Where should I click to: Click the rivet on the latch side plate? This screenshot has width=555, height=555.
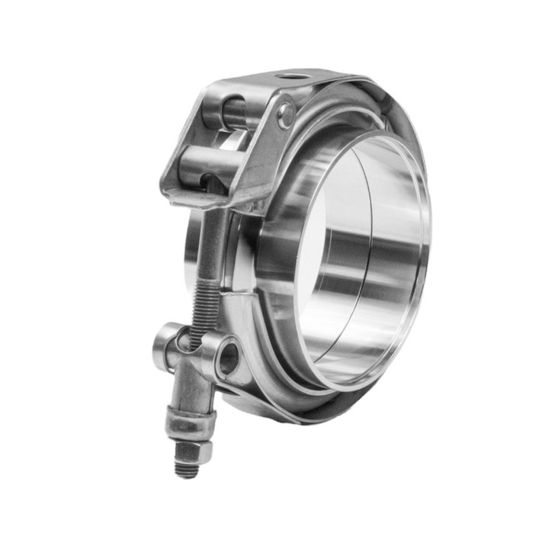[286, 114]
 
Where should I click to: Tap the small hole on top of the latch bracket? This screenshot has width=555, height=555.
[291, 76]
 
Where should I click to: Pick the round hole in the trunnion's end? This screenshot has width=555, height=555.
[227, 358]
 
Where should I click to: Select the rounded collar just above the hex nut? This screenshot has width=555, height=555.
[190, 423]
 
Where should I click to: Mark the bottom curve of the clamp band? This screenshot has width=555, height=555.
[290, 412]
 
